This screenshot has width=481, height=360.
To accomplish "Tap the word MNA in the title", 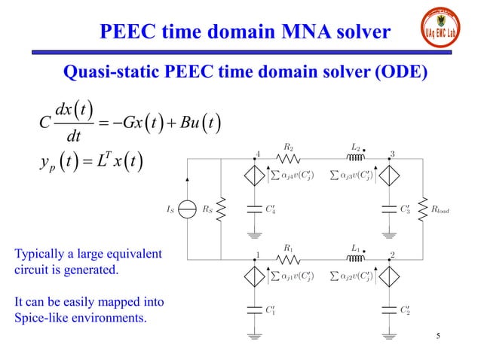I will click(291, 32).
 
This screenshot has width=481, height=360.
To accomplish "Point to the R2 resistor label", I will click(288, 148).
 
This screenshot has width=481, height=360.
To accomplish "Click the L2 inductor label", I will click(356, 148).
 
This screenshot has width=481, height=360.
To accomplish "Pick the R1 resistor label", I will click(288, 246).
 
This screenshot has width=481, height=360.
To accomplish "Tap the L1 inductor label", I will click(356, 246).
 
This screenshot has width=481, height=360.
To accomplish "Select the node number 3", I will click(393, 154).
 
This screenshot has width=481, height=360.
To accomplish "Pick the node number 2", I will click(393, 255).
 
